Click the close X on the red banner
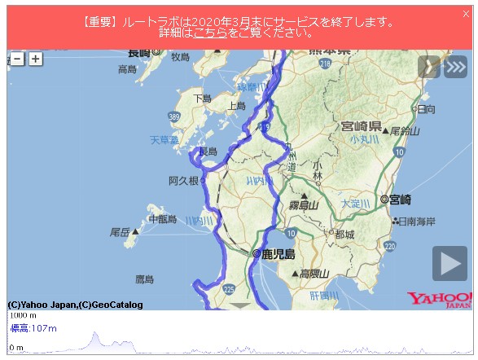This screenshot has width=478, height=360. pos(465,14)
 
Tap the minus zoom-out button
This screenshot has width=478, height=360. pos(17,59)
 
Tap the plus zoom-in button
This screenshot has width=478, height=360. pos(35,59)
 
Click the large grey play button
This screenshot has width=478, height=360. pos(449,263)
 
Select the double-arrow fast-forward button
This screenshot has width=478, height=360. pos(456,67)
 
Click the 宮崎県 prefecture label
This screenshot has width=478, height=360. pos(362,126)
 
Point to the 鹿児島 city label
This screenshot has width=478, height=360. pos(277,253)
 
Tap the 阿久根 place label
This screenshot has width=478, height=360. pos(183,181)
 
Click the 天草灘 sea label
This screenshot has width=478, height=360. pos(164,140)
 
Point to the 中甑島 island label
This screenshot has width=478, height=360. pos(163,220)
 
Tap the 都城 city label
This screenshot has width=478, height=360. pos(344,235)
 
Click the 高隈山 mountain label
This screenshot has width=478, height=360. pos(313,274)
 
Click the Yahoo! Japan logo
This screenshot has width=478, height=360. pos(440,300)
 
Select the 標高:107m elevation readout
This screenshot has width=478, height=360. pos(33,328)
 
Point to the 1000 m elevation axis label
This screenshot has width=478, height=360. pos(23,315)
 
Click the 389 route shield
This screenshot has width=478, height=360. pos(173,118)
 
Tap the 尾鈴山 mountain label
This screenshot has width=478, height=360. pos(404,131)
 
